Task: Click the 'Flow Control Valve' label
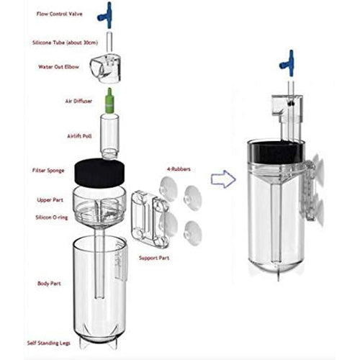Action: pyautogui.click(x=59, y=14)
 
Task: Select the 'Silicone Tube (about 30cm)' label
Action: pyautogui.click(x=65, y=42)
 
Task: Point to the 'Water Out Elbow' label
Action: pyautogui.click(x=58, y=67)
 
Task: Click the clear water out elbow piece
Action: pyautogui.click(x=106, y=68)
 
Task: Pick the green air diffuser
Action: pyautogui.click(x=109, y=101)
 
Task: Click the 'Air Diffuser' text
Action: pyautogui.click(x=78, y=101)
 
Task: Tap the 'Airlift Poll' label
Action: pyautogui.click(x=79, y=136)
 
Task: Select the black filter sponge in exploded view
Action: pyautogui.click(x=100, y=172)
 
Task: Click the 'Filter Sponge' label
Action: pyautogui.click(x=48, y=171)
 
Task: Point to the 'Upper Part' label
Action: pyautogui.click(x=50, y=200)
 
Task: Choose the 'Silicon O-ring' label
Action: pyautogui.click(x=52, y=217)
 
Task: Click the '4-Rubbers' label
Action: pyautogui.click(x=179, y=169)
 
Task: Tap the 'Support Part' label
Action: pyautogui.click(x=154, y=258)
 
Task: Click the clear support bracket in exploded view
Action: pyautogui.click(x=150, y=218)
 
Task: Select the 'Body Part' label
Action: pyautogui.click(x=49, y=284)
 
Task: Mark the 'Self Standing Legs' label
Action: pyautogui.click(x=49, y=343)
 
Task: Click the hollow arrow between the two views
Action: pyautogui.click(x=223, y=179)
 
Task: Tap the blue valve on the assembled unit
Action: pyautogui.click(x=289, y=63)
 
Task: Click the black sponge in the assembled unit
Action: pyautogui.click(x=276, y=153)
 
